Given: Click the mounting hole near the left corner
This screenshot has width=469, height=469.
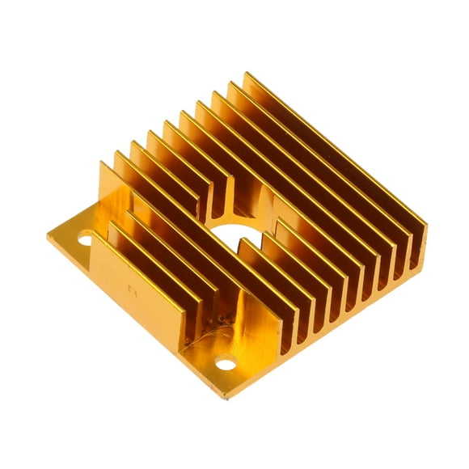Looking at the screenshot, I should click(85, 239).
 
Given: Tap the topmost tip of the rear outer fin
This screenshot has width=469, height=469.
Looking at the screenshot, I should click(246, 74).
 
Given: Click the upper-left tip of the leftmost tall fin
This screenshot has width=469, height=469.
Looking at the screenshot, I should click(102, 163).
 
